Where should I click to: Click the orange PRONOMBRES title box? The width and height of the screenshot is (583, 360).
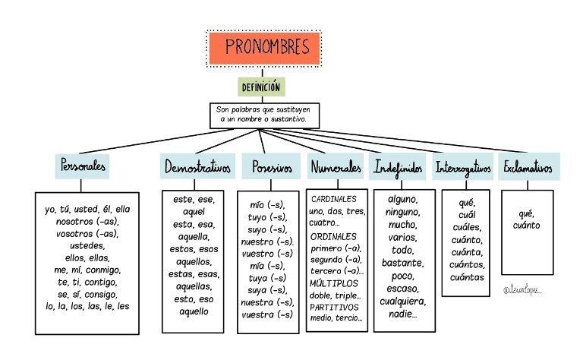(264, 49)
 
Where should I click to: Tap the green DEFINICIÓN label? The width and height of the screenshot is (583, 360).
(261, 87)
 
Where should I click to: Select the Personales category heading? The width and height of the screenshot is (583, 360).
(82, 166)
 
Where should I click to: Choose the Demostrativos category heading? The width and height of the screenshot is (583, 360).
(197, 166)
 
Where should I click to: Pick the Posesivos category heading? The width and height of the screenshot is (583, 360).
(271, 166)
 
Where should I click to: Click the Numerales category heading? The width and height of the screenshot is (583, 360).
(336, 166)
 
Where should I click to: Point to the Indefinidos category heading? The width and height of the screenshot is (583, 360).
(398, 167)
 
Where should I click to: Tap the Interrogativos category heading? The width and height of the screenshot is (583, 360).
(463, 167)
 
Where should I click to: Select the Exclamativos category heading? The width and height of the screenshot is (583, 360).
(528, 166)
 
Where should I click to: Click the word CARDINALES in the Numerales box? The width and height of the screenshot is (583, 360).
(333, 199)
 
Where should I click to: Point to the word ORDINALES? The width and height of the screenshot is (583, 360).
(333, 236)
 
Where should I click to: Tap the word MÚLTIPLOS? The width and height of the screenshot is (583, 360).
(333, 283)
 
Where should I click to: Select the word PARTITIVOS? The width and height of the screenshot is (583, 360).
(334, 307)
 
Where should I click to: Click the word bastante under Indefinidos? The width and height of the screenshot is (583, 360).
(402, 263)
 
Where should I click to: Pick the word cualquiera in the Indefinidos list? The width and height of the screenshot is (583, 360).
(402, 302)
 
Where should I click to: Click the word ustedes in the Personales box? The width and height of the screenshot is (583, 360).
(87, 246)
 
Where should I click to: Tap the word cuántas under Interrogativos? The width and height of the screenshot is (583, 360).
(467, 277)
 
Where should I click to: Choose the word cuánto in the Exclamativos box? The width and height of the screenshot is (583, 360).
(527, 226)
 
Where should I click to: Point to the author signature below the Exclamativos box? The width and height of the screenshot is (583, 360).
(522, 290)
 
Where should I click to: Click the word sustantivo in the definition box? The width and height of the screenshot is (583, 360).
(288, 119)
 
